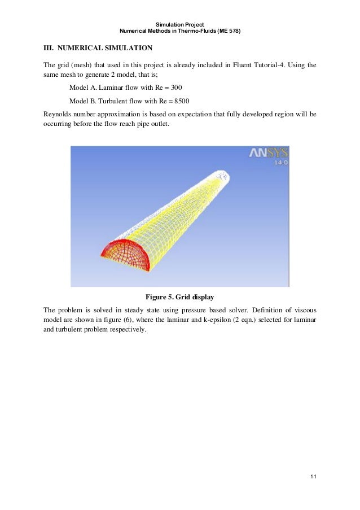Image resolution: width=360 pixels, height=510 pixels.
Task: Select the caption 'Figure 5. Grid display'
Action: tap(179, 297)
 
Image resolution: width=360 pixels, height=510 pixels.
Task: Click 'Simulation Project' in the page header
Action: tap(179, 24)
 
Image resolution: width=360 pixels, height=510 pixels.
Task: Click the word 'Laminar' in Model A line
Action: tap(111, 89)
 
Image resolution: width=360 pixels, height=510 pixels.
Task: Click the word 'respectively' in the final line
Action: tap(124, 330)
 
